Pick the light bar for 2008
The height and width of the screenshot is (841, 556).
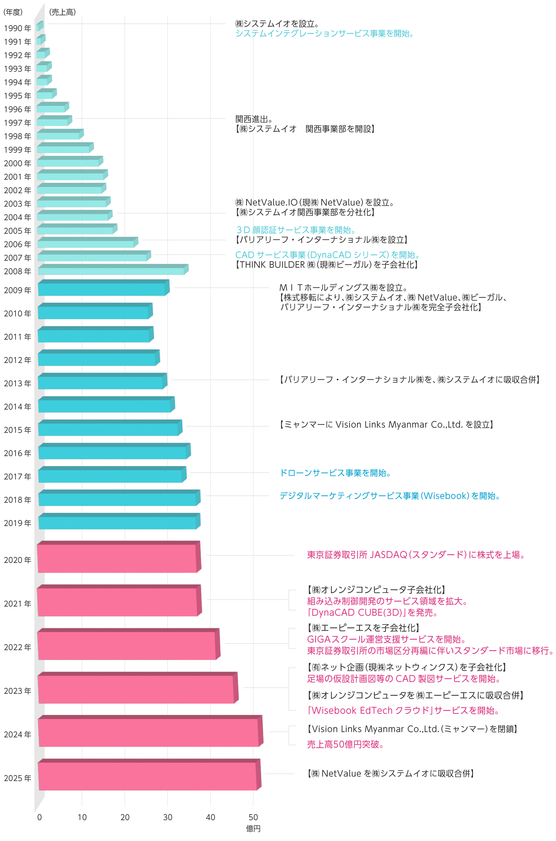(111, 271)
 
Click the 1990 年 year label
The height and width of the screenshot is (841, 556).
(17, 29)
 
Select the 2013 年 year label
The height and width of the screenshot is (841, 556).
(17, 383)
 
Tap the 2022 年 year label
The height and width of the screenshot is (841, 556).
(17, 647)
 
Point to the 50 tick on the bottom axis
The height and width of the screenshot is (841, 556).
(253, 817)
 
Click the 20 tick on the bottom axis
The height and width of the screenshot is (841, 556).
(125, 817)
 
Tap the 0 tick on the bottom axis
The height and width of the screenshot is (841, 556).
(40, 817)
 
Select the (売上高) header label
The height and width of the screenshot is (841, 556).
(63, 12)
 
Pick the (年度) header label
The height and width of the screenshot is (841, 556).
(13, 12)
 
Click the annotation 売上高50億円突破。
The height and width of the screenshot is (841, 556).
(345, 744)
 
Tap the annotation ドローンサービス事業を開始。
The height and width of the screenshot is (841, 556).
(335, 473)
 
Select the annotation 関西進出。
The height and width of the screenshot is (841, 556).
(254, 119)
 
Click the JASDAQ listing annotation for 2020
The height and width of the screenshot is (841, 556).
(416, 555)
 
